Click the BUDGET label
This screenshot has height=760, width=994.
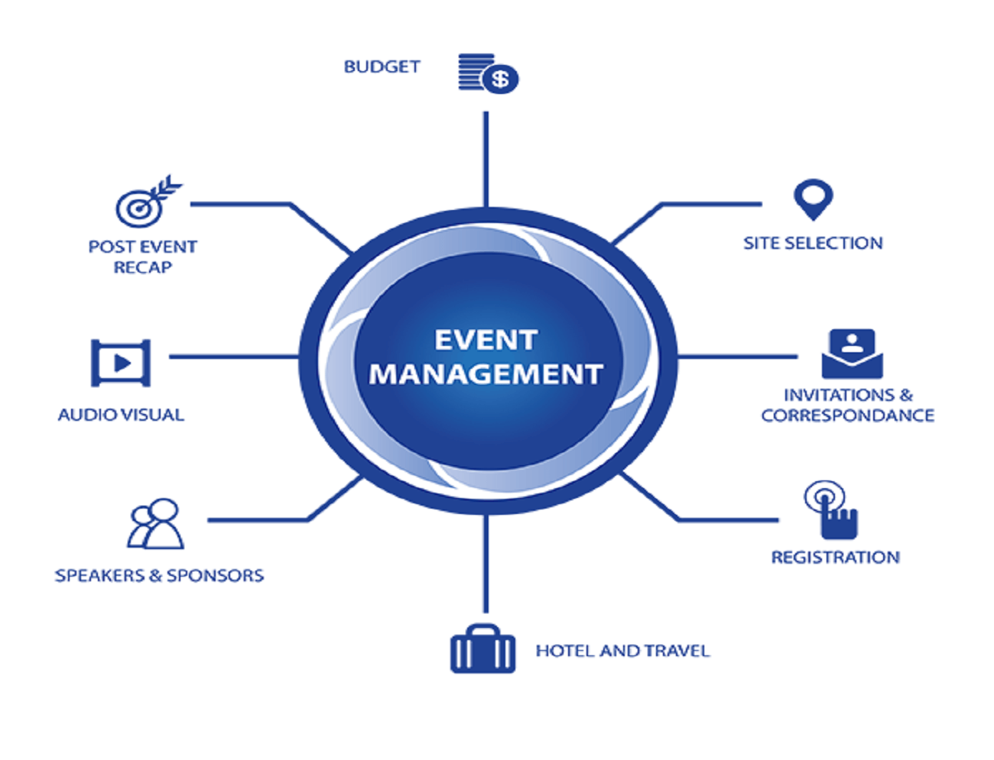pos(382,66)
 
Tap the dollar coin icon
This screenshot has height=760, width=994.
pos(499,79)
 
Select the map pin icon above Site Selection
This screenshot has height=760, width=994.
pos(813,199)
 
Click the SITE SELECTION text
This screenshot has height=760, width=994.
pos(813,244)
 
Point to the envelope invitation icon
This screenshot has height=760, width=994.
pos(852,354)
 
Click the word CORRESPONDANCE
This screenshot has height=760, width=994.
pos(847,416)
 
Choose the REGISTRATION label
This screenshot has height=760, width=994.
pos(835,558)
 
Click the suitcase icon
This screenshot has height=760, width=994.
pos(482,648)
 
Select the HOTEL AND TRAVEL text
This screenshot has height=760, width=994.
pos(622,651)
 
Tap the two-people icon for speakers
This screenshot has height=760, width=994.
pos(155,524)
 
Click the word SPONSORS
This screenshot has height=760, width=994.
pos(215,575)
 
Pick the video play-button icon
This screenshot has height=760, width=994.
pos(121,363)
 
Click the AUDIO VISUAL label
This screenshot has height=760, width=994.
pos(121,415)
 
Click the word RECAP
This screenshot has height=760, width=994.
pos(143,267)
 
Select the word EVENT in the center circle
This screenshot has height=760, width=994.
pos(486,340)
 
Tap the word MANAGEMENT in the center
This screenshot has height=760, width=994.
pos(486,374)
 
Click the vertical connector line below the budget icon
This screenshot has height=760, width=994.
pos(486,159)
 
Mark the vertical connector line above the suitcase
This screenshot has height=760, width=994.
pos(486,564)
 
